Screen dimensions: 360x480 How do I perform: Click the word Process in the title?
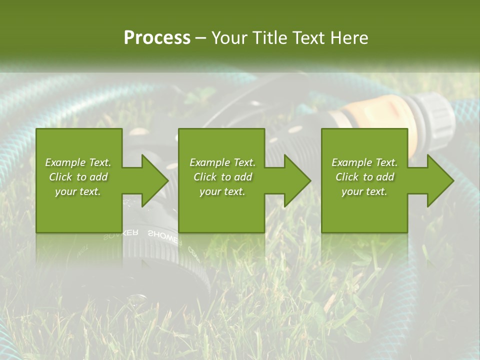click(157, 38)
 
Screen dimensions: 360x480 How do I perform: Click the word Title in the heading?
click(270, 38)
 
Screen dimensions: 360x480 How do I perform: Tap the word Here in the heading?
click(351, 38)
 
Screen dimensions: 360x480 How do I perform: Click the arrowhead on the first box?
click(152, 180)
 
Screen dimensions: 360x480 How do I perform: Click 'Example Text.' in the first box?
click(78, 162)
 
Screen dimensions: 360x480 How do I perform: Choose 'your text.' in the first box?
click(78, 191)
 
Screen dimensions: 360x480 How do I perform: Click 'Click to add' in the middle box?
click(222, 177)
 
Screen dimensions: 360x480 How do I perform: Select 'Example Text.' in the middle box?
click(222, 162)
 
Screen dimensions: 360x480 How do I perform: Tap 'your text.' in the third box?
click(364, 191)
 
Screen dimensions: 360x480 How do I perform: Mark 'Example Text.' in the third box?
click(364, 162)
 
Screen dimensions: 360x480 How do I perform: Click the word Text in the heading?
click(311, 38)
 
